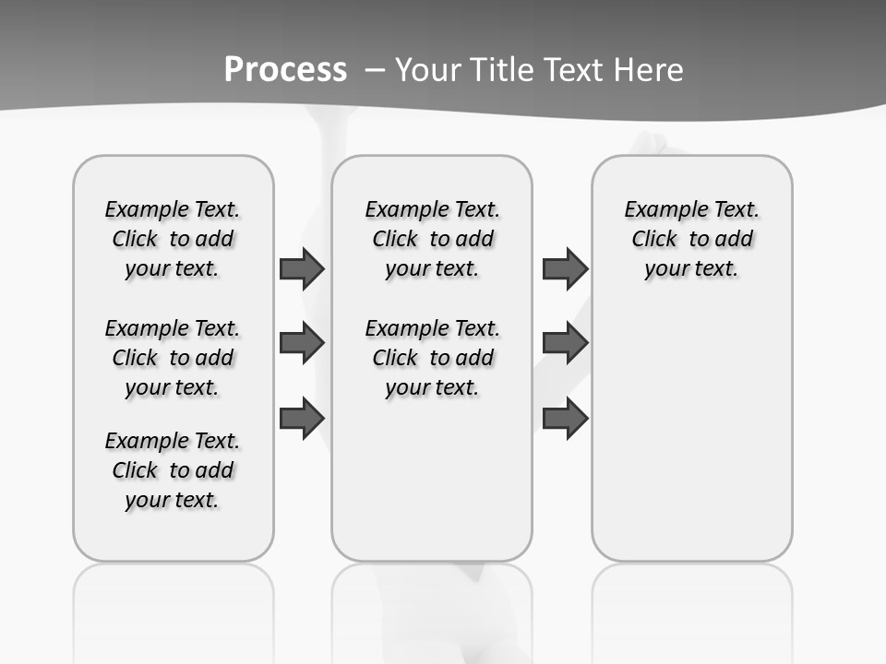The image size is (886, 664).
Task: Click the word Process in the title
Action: pos(285,69)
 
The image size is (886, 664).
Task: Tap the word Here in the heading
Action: pos(650,70)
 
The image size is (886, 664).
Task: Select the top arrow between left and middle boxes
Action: pos(302,269)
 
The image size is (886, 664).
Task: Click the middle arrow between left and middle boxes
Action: pos(302,344)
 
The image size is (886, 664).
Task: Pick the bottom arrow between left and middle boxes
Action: pos(302,419)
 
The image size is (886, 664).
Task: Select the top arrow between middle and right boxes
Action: pos(565,269)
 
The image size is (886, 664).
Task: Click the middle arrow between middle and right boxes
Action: pos(565,344)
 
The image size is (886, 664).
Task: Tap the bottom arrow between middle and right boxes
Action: pos(565,419)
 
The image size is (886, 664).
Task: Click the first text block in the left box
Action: pos(173,239)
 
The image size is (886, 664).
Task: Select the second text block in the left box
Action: pos(173,358)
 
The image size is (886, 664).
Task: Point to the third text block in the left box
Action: pos(173,470)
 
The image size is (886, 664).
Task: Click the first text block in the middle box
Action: pos(432,239)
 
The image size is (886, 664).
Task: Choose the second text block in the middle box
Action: pos(432,358)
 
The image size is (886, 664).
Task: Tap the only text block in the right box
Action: pos(691,239)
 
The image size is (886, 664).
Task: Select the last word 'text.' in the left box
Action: pos(195,500)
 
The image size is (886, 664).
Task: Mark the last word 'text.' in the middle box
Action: pos(455,387)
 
